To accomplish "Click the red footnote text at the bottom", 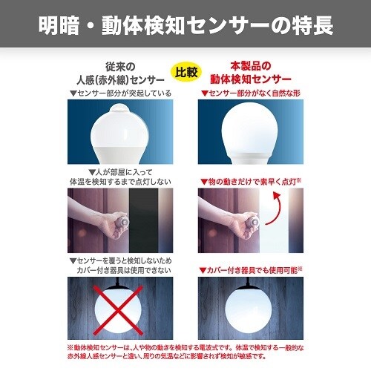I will pyautogui.click(x=185, y=350).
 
